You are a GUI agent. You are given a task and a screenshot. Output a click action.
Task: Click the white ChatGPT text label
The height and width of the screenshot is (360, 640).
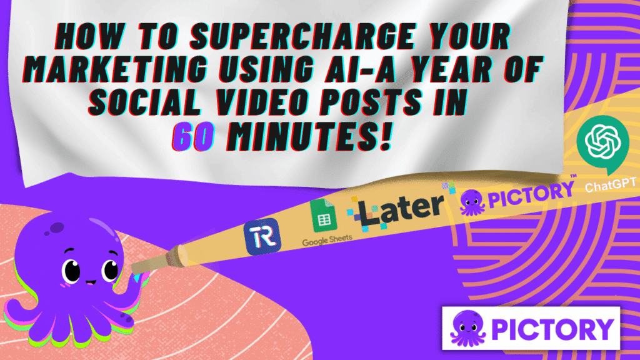[610, 185]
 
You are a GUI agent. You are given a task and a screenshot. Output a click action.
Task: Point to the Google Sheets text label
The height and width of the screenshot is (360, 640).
[327, 241]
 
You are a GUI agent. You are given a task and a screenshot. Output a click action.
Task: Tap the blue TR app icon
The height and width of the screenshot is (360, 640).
[262, 237]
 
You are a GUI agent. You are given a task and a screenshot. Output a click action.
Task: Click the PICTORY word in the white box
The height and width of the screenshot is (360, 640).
[552, 329]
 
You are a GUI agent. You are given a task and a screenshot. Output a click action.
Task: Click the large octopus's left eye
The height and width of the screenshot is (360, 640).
[71, 270]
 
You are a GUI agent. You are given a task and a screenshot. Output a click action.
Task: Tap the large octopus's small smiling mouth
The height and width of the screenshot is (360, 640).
[91, 282]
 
